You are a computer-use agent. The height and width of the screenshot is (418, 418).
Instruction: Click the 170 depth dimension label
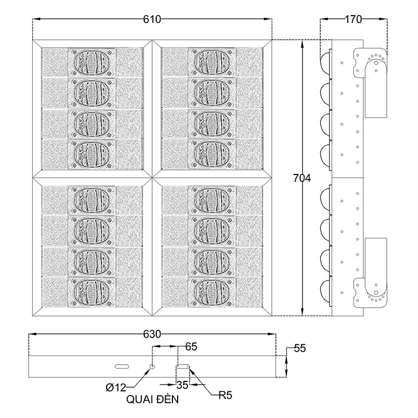(353, 20)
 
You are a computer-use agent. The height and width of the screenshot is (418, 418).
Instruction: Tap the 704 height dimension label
(301, 178)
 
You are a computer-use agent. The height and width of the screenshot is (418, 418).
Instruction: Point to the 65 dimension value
(191, 346)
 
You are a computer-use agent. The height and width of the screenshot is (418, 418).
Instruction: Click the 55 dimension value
(299, 347)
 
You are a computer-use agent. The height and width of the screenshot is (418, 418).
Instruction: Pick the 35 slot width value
(182, 386)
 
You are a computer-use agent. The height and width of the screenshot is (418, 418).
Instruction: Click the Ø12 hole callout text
(115, 387)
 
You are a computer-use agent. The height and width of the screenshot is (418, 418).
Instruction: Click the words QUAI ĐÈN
(153, 400)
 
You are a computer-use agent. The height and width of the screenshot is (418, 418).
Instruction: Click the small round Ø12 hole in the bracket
(152, 367)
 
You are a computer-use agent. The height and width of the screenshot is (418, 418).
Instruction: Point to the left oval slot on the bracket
(122, 366)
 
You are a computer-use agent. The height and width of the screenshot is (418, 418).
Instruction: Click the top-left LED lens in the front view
(92, 62)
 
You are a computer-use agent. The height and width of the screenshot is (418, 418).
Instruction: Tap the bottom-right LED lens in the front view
(211, 291)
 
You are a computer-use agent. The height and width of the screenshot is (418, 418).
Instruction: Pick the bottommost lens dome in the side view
(326, 291)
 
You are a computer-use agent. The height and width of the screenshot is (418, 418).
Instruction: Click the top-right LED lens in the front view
(211, 62)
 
